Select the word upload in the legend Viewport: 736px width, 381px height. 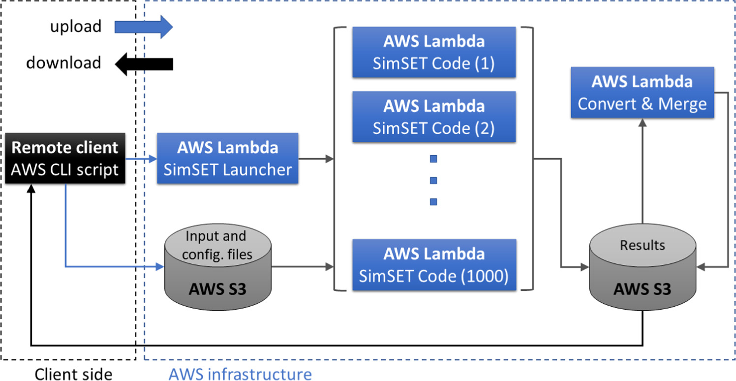[76, 27]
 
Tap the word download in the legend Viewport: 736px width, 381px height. [63, 63]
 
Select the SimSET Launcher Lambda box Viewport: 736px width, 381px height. [227, 159]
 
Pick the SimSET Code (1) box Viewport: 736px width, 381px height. [433, 52]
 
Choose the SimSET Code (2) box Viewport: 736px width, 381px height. [433, 117]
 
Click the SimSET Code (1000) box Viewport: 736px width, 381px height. [433, 265]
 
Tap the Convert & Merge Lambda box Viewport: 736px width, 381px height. [642, 93]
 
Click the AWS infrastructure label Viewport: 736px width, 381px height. [240, 374]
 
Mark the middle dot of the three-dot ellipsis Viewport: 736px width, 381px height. [433, 180]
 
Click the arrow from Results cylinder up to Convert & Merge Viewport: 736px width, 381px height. [642, 172]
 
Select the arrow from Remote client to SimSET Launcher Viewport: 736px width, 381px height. [141, 159]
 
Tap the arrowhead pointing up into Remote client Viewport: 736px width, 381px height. [31, 193]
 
